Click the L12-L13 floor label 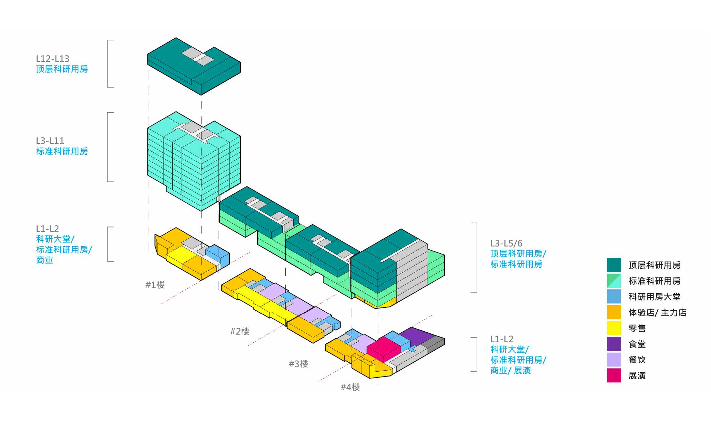tap(53, 59)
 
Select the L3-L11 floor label tap(50, 141)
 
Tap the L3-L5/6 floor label tap(506, 243)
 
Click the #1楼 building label tap(155, 285)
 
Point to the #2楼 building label tap(239, 331)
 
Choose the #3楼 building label tap(298, 364)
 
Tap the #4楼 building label tap(350, 387)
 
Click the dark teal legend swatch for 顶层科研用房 tap(614, 265)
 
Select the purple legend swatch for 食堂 tap(614, 344)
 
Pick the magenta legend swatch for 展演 tap(614, 376)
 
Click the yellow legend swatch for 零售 tap(614, 328)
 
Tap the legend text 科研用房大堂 tap(654, 297)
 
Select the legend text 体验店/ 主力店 tap(657, 313)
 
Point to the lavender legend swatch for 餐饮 tap(614, 360)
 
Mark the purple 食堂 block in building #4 tap(416, 336)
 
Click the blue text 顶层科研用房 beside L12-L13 tap(62, 69)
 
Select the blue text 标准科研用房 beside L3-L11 tap(62, 151)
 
